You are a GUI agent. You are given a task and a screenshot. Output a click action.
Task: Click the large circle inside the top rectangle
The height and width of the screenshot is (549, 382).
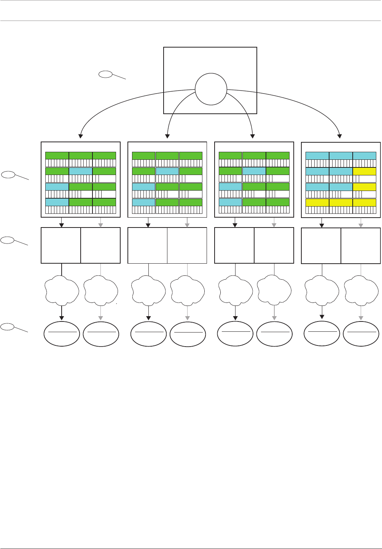tap(211, 89)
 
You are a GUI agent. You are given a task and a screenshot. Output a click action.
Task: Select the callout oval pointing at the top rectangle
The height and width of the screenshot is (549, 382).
tap(105, 74)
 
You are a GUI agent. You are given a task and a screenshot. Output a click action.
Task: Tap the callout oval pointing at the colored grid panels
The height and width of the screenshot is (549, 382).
tap(8, 175)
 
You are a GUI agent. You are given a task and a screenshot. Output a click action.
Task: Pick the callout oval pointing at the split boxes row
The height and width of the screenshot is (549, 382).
tap(8, 240)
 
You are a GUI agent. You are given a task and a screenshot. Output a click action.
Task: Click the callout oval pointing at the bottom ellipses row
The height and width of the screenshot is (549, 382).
tap(8, 326)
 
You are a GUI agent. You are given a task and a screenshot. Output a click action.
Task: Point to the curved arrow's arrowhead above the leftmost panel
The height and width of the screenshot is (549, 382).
tap(80, 135)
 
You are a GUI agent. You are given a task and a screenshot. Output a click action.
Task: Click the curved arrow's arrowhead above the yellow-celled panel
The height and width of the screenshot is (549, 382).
tap(340, 135)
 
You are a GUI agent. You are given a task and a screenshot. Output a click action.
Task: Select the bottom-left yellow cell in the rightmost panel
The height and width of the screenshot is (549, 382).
tap(317, 203)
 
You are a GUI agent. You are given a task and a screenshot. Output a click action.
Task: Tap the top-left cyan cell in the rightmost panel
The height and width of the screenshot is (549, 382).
tap(317, 156)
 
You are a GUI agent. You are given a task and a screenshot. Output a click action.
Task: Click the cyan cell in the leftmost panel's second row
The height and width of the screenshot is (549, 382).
tap(81, 171)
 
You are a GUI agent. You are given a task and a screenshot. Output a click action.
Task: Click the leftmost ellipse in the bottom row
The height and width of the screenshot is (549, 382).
tap(62, 334)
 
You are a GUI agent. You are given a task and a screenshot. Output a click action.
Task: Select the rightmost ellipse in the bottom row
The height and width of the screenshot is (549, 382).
tap(361, 334)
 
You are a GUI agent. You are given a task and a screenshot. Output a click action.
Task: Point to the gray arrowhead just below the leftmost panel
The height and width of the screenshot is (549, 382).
tap(100, 225)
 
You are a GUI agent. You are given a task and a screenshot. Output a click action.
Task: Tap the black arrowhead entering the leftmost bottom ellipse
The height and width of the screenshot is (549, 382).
tap(62, 318)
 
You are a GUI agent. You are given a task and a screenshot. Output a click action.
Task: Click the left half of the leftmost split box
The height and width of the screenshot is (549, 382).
tap(61, 245)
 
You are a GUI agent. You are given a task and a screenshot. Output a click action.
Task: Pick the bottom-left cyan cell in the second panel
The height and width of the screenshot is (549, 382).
tap(143, 202)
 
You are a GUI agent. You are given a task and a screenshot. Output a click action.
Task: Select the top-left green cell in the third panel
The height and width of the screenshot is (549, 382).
tap(231, 155)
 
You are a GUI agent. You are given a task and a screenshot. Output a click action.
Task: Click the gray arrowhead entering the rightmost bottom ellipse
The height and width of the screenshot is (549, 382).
tap(361, 318)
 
